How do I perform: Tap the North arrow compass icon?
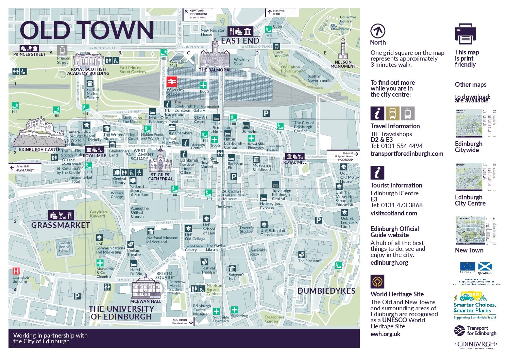coord(377,31)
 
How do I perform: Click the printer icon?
coord(465,34)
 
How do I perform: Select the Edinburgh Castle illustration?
coord(39,133)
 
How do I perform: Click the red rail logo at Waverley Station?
coord(171,82)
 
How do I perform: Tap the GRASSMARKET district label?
coord(61,225)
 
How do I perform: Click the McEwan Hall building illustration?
coord(146,287)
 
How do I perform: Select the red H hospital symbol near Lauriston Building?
coord(16,271)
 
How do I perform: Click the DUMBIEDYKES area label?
coord(326,291)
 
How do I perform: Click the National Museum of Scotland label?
coord(162,240)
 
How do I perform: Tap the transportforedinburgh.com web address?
coord(407,154)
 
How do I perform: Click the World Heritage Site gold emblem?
coord(377,282)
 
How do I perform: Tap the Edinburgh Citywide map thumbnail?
coord(474,123)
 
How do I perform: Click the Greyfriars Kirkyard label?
coord(99,214)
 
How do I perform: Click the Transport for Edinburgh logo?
coord(475,330)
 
